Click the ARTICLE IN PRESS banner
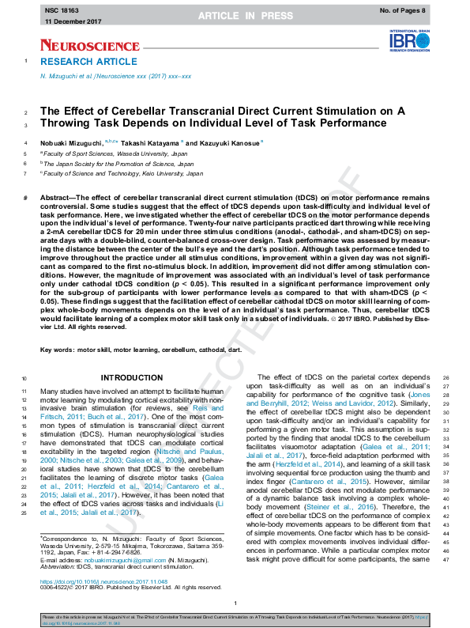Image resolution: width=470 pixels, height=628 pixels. click(235, 16)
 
